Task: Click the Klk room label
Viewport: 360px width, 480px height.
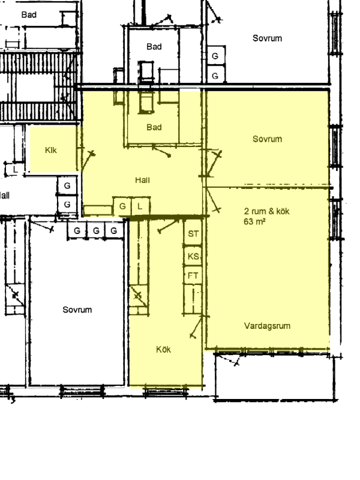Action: [x=51, y=150]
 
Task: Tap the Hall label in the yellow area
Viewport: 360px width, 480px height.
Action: [x=142, y=180]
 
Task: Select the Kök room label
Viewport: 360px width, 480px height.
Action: [x=163, y=349]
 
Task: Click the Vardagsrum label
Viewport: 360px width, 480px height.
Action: [x=267, y=326]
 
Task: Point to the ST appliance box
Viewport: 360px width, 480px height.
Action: [x=193, y=233]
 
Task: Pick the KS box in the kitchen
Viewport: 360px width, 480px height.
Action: [x=193, y=256]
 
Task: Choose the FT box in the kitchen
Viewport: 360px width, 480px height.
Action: [x=193, y=275]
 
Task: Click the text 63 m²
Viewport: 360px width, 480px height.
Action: [x=254, y=221]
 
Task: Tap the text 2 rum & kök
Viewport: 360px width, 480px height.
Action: [x=266, y=211]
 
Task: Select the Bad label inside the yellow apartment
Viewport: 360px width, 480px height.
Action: [x=154, y=127]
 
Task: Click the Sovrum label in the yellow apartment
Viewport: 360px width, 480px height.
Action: [x=267, y=139]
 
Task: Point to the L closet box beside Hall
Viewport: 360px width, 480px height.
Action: [x=140, y=206]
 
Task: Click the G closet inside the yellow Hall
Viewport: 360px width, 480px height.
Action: [x=122, y=206]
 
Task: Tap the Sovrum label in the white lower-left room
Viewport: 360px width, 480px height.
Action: [x=77, y=310]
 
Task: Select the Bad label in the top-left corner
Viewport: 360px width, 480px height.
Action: [x=29, y=14]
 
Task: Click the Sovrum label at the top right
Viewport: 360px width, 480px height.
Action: [x=267, y=38]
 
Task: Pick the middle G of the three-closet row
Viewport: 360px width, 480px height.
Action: [x=96, y=230]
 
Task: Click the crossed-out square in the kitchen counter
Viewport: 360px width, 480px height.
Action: [x=138, y=296]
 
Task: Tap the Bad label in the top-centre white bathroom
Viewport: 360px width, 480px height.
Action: [x=154, y=47]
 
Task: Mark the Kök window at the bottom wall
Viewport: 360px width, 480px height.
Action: [x=166, y=392]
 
